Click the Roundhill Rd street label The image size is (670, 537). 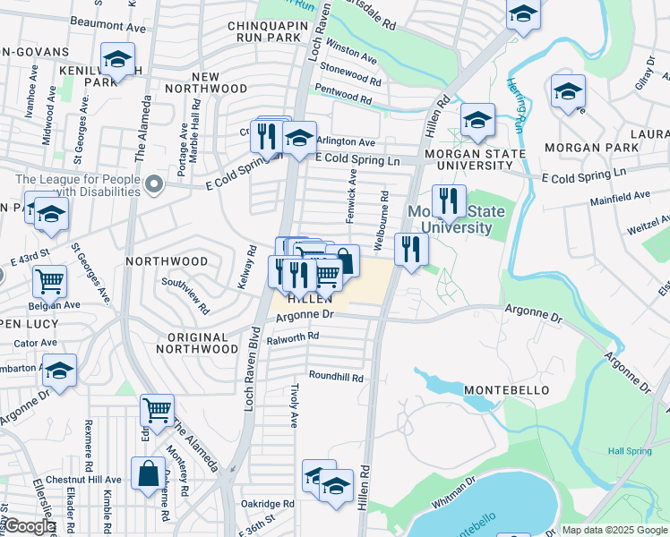pyautogui.click(x=336, y=378)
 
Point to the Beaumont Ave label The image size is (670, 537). pyautogui.click(x=107, y=28)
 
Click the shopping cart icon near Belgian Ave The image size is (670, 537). pyautogui.click(x=49, y=281)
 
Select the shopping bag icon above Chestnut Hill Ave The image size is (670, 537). pyautogui.click(x=148, y=473)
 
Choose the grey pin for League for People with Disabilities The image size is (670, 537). pyautogui.click(x=155, y=186)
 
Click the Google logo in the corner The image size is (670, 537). pyautogui.click(x=30, y=526)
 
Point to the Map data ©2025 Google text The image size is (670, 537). pyautogui.click(x=614, y=530)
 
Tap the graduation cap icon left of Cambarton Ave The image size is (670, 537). pyautogui.click(x=59, y=370)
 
